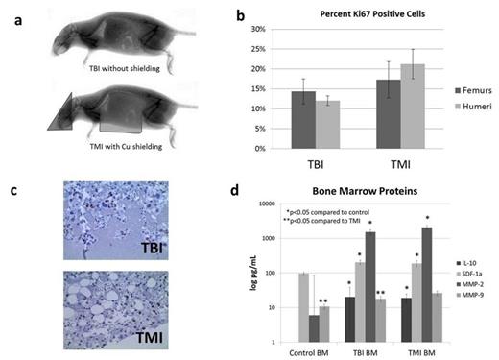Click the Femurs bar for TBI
(x=304, y=120)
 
